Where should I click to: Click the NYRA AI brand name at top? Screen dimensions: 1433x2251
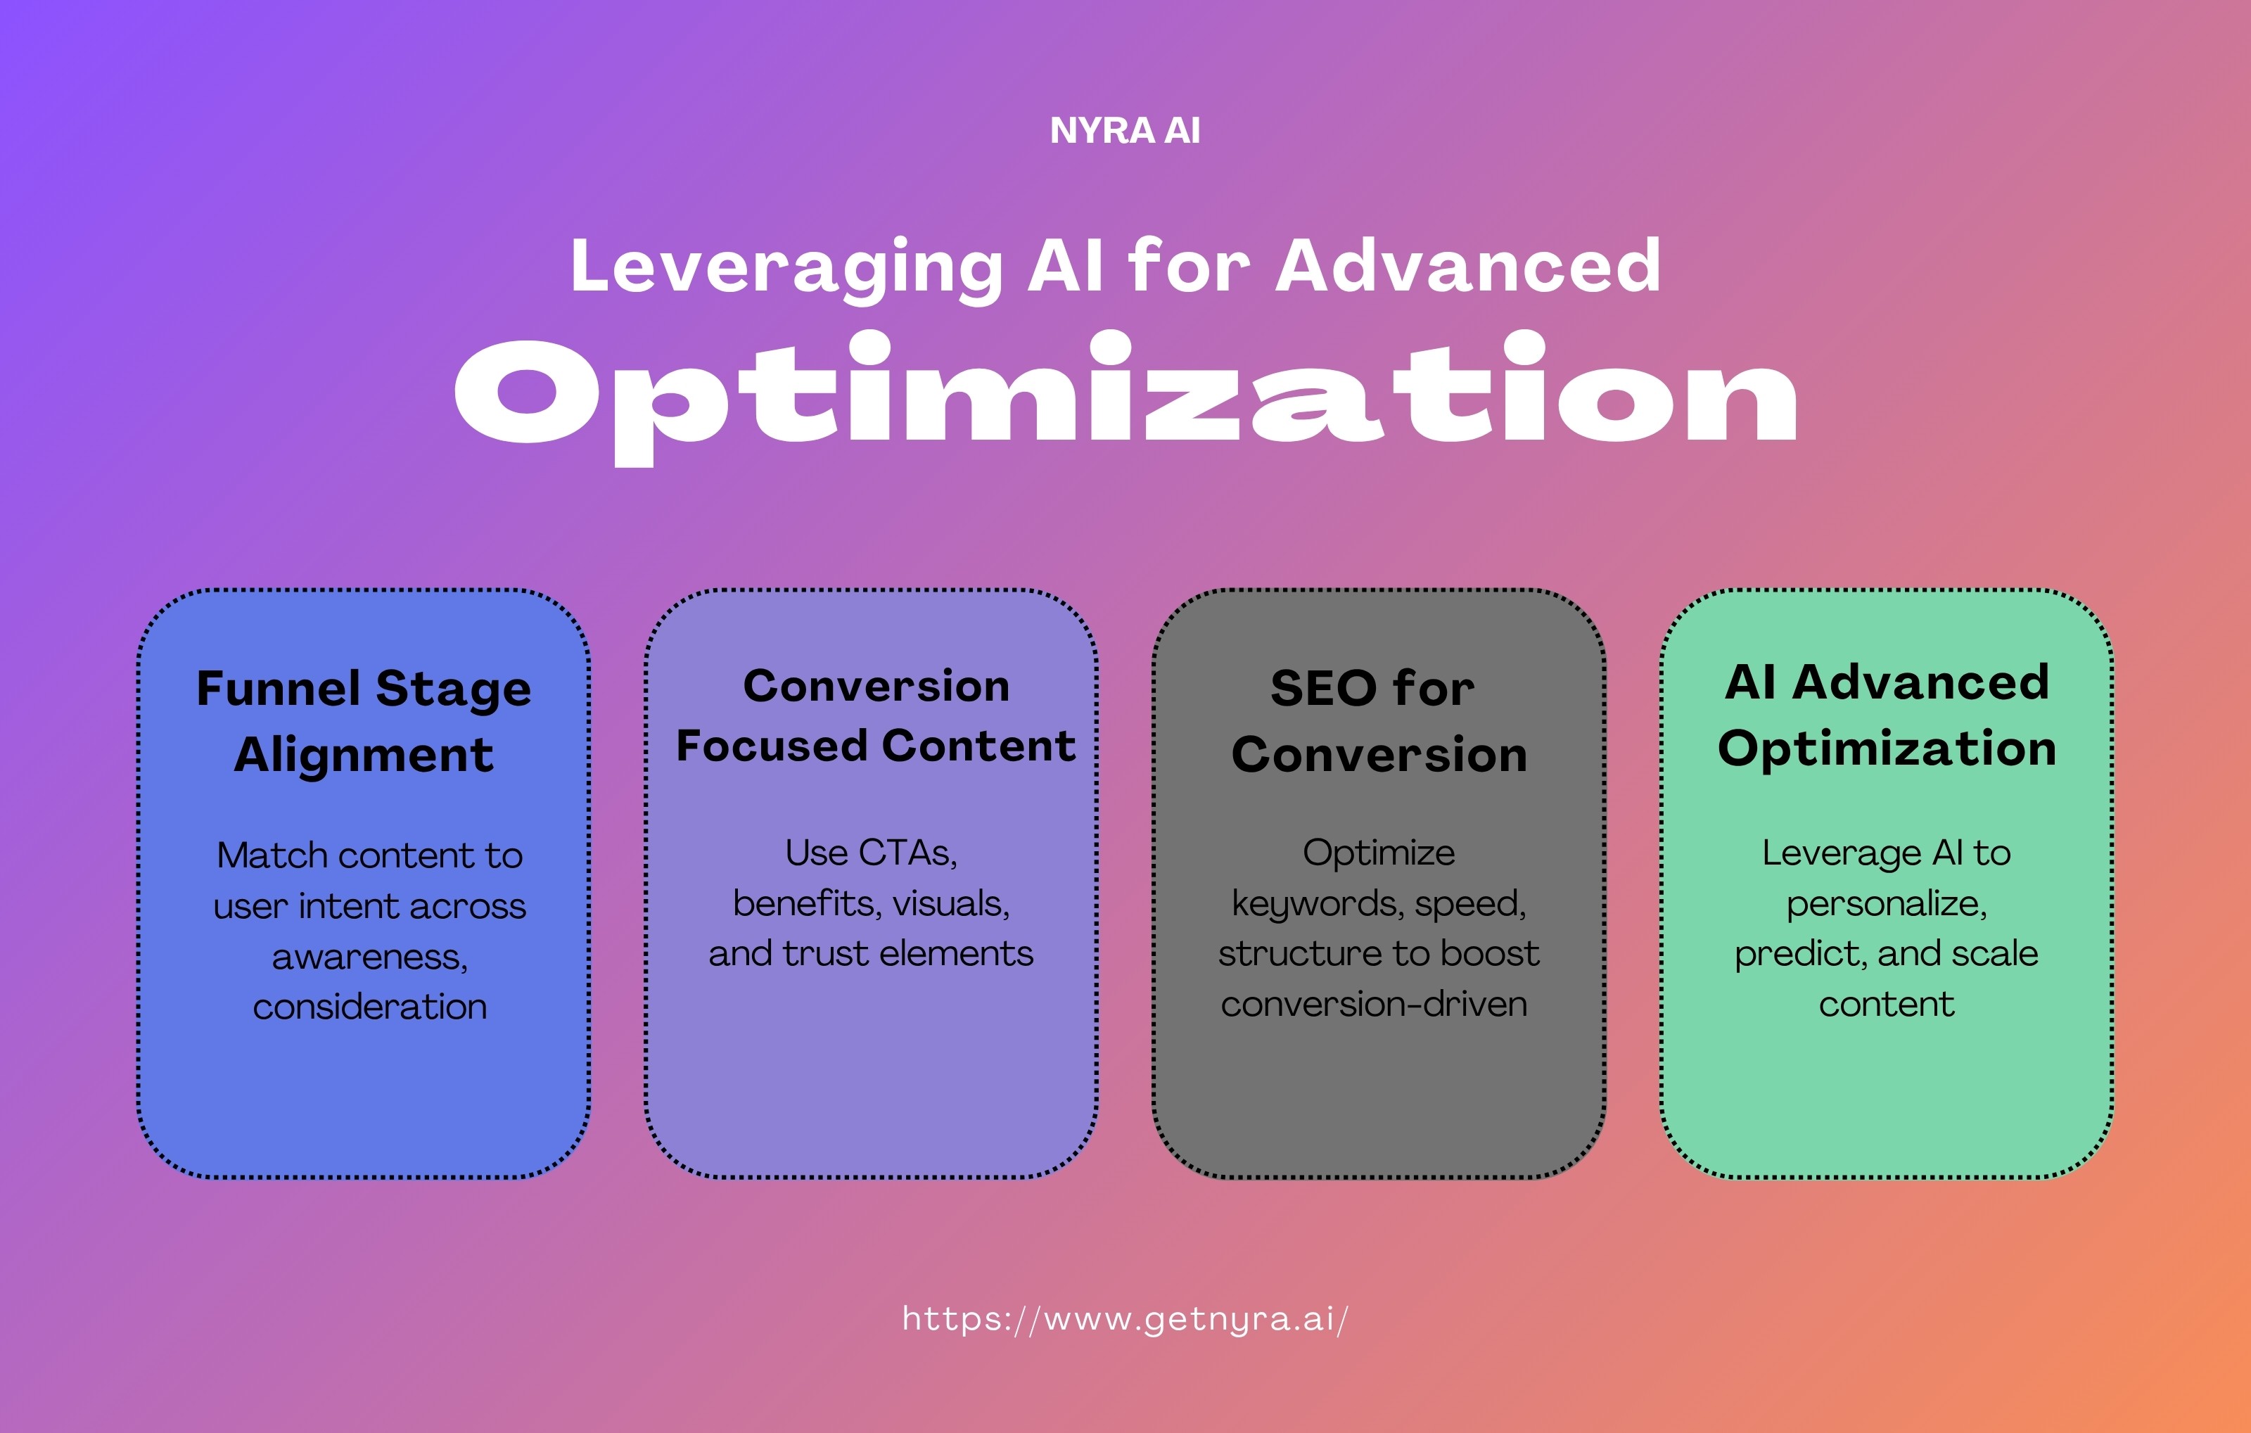click(x=1125, y=131)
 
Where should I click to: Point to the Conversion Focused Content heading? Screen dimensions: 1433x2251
click(x=876, y=716)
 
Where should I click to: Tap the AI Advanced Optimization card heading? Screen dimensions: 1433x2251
click(x=1887, y=715)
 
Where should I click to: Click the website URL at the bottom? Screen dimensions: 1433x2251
click(x=1125, y=1319)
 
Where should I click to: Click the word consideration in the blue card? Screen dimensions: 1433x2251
click(x=369, y=1007)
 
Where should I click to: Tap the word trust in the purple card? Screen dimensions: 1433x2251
click(x=825, y=953)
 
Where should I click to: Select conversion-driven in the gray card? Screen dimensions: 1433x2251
click(x=1373, y=1004)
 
